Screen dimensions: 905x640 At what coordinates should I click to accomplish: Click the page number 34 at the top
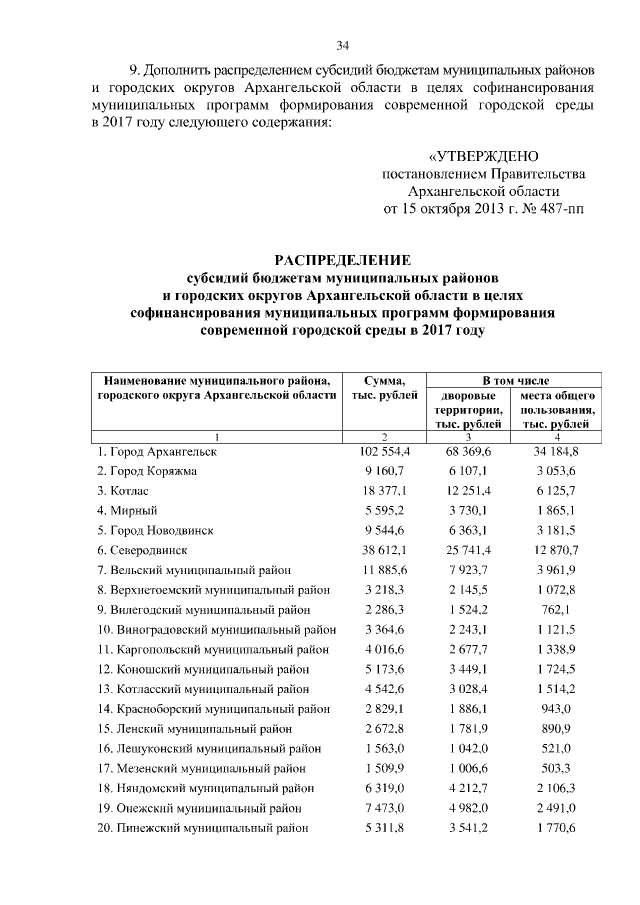pyautogui.click(x=342, y=45)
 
